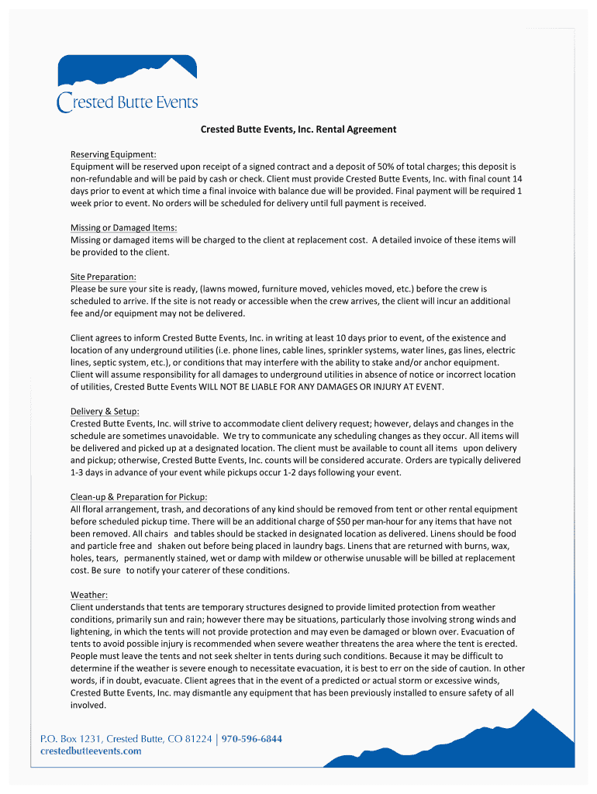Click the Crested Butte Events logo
[x=127, y=84]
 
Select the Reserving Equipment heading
[x=113, y=154]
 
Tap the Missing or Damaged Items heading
[x=124, y=228]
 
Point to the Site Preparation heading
[x=103, y=277]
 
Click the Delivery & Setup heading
[x=105, y=412]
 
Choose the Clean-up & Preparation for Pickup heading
[x=139, y=497]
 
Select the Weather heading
[x=89, y=595]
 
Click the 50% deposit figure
[x=388, y=167]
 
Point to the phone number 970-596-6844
[x=252, y=739]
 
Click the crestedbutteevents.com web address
[x=91, y=751]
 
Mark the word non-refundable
[x=102, y=179]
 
